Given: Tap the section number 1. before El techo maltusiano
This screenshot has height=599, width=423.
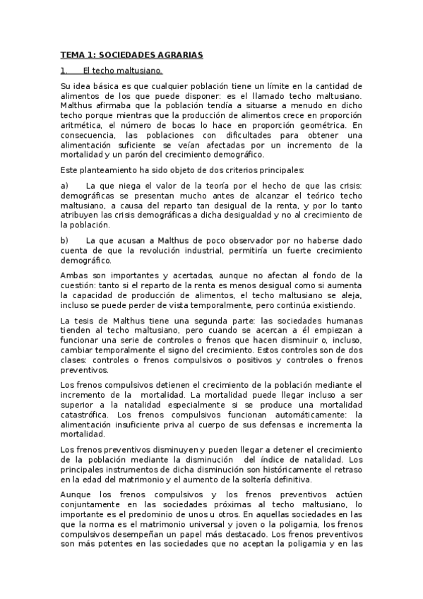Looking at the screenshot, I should pos(64,71).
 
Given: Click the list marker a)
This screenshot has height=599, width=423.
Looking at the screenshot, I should pos(65,185).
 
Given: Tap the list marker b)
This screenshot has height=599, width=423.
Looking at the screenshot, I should pos(65,240).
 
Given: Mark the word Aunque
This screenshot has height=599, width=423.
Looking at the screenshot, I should pos(77,494).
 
